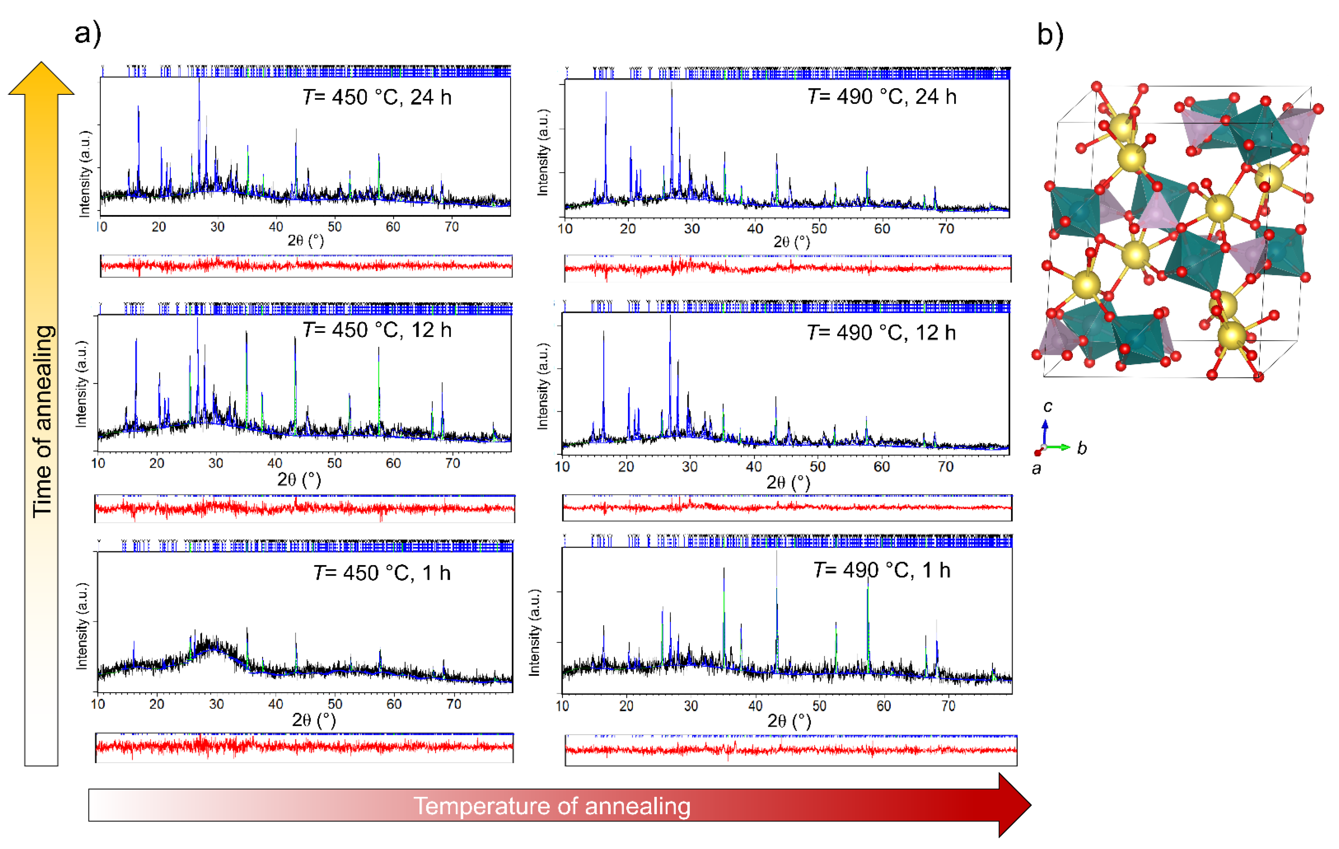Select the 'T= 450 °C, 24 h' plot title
click(x=377, y=97)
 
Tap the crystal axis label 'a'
click(x=1036, y=469)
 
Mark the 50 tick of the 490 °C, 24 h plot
click(x=819, y=229)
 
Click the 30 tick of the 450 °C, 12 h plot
click(x=216, y=463)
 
